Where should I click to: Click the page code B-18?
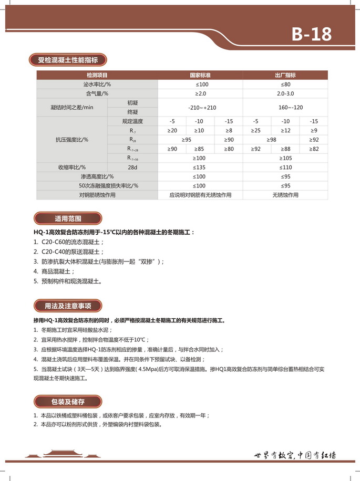312,34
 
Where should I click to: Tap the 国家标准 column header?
200,75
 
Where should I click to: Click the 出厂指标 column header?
285,75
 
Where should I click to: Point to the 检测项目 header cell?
97,75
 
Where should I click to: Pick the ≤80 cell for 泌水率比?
285,84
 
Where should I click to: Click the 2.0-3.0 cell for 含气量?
285,93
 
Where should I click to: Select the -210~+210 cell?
200,107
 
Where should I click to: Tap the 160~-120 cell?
285,107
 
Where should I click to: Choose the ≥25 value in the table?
256,130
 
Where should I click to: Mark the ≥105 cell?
285,158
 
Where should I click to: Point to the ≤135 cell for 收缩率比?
200,167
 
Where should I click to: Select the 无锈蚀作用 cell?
285,195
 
